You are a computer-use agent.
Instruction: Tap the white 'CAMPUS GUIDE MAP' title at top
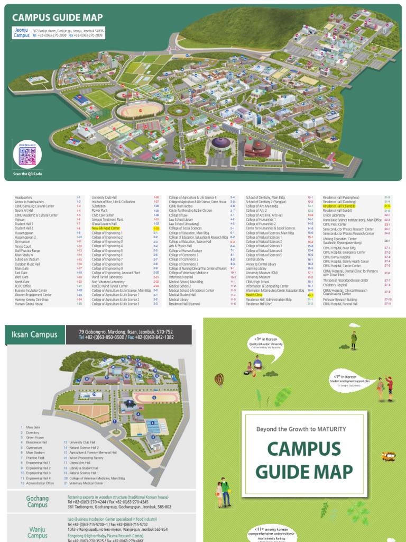[57, 17]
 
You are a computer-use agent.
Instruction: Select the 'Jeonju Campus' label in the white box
[22, 33]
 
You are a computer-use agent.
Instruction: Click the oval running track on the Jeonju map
[134, 111]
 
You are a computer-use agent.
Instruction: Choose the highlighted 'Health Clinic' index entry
[255, 295]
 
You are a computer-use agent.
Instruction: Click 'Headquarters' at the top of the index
[24, 197]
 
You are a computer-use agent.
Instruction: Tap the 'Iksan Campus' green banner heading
[32, 334]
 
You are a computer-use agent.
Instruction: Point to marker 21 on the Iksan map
[94, 394]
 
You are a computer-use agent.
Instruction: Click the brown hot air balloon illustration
[219, 378]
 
